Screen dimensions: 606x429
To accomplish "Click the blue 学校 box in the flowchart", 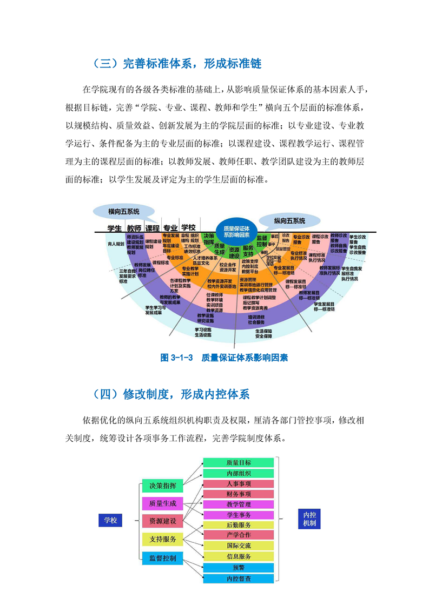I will [x=110, y=520].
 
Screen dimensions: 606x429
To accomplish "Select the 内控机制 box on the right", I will [x=309, y=519].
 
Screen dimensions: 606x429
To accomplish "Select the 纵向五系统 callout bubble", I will [x=289, y=220].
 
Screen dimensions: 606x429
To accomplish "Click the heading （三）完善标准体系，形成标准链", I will [x=176, y=64].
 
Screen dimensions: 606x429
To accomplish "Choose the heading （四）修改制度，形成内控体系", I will [x=170, y=394].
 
